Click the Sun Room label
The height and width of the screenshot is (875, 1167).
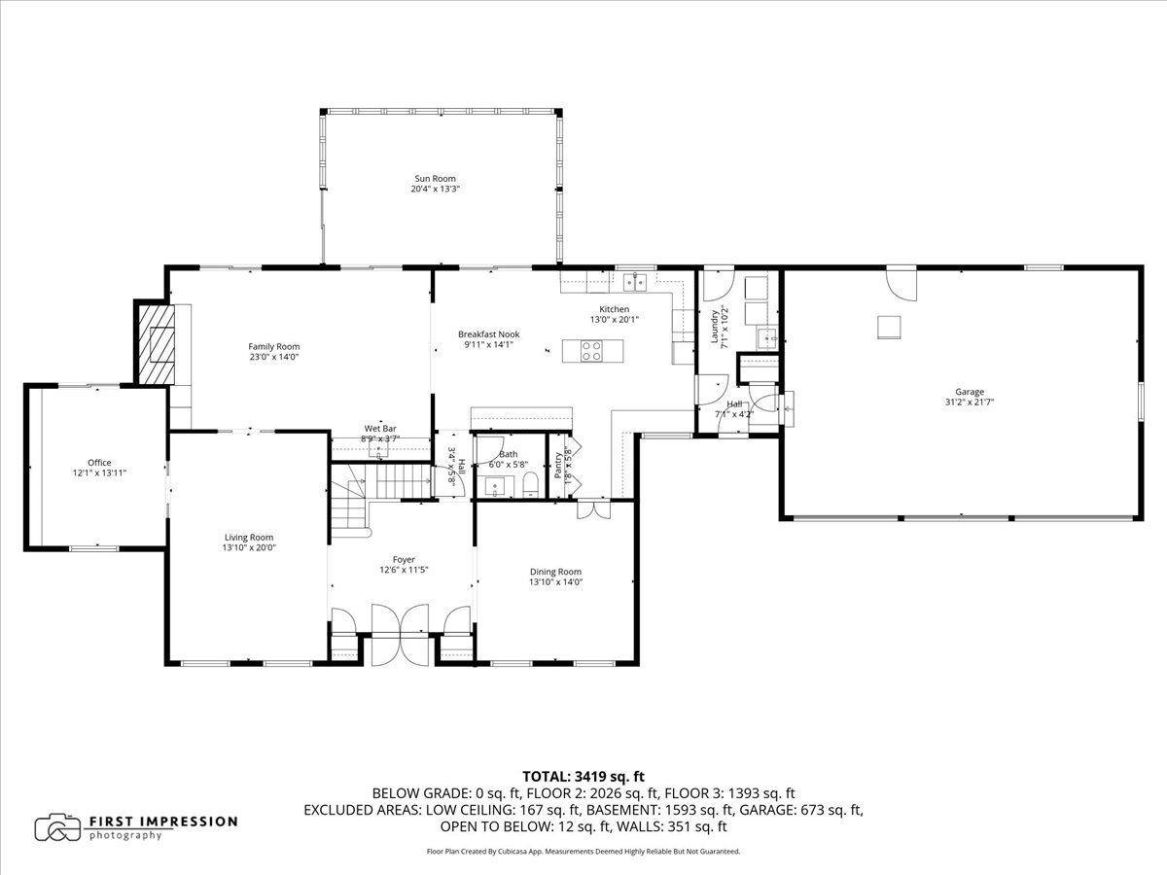[x=435, y=179]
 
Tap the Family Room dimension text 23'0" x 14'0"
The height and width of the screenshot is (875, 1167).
[x=274, y=357]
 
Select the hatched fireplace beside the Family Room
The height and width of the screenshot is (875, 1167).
[x=157, y=344]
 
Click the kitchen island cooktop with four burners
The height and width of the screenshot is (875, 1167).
[x=591, y=351]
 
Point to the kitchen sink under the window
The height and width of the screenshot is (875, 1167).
[x=635, y=282]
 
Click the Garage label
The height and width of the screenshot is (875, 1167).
[x=970, y=392]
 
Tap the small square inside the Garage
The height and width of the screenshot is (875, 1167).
[x=889, y=328]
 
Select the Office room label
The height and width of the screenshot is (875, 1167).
[x=99, y=463]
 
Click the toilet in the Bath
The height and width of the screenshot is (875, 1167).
[x=531, y=486]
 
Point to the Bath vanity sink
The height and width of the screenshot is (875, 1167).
[x=496, y=486]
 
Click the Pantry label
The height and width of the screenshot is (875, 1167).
[x=557, y=466]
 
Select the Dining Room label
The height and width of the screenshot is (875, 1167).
[x=555, y=572]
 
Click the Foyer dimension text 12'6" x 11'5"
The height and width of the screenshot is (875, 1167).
[x=404, y=570]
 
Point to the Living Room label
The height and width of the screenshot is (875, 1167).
[x=249, y=538]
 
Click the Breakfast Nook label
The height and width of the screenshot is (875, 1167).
[x=488, y=334]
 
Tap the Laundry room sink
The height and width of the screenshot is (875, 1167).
[x=766, y=338]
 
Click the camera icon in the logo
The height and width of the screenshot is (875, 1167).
[x=57, y=827]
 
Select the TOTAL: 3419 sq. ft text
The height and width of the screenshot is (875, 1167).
[x=583, y=777]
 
